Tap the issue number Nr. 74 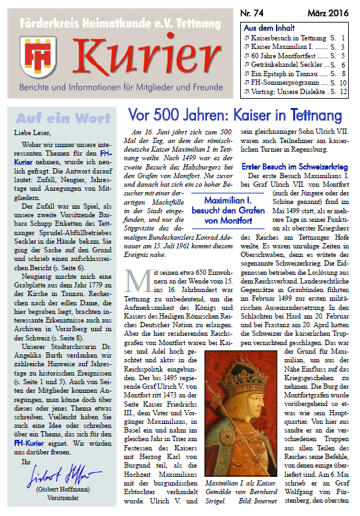pyautogui.click(x=255, y=13)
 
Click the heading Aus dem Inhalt pyautogui.click(x=269, y=28)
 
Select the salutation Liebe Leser pyautogui.click(x=32, y=133)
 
